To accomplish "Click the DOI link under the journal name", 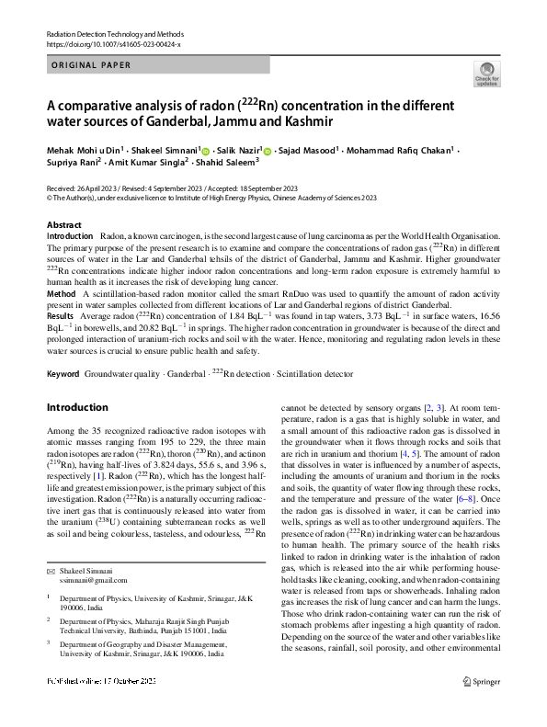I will pyautogui.click(x=113, y=43).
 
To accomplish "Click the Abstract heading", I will pyautogui.click(x=63, y=224).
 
